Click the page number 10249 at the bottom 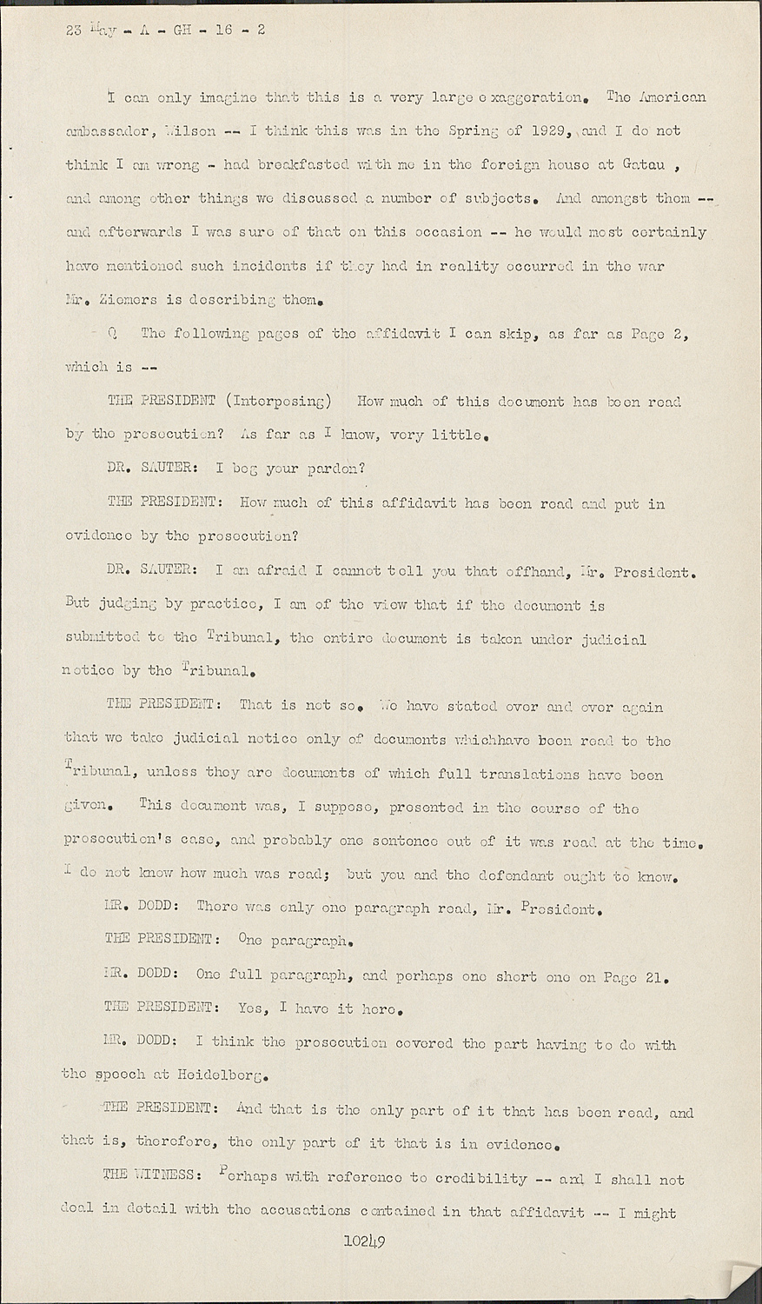coord(364,1241)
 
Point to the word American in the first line coord(669,96)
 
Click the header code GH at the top coord(182,30)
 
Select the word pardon coord(336,469)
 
